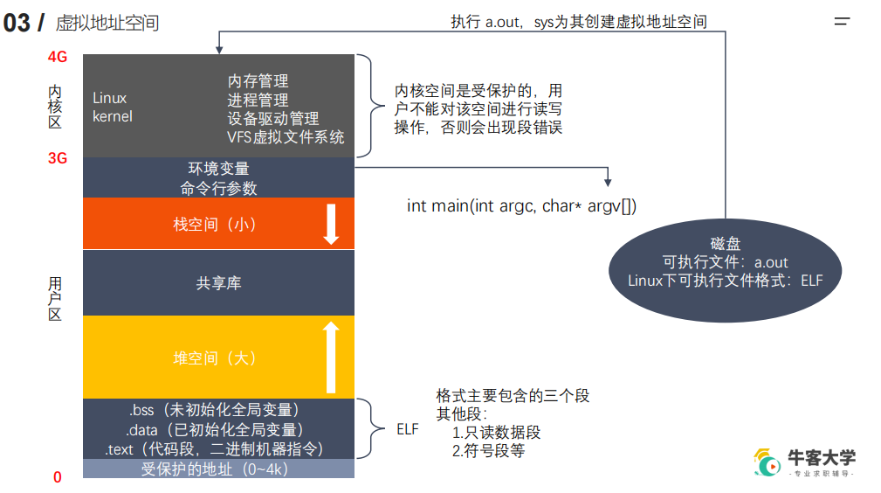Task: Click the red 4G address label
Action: click(x=58, y=57)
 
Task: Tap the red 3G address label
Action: click(x=58, y=158)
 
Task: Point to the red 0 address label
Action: click(x=58, y=477)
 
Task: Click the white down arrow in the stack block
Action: click(x=331, y=224)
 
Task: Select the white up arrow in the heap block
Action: click(x=331, y=358)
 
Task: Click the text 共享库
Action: click(x=218, y=283)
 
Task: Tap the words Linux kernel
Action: click(x=113, y=107)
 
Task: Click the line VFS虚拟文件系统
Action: click(x=286, y=137)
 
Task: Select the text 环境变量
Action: click(x=218, y=168)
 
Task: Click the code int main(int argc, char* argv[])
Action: click(x=522, y=206)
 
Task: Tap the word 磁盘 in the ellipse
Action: click(x=725, y=244)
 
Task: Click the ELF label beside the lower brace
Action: click(x=408, y=430)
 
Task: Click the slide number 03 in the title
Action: click(x=17, y=23)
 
